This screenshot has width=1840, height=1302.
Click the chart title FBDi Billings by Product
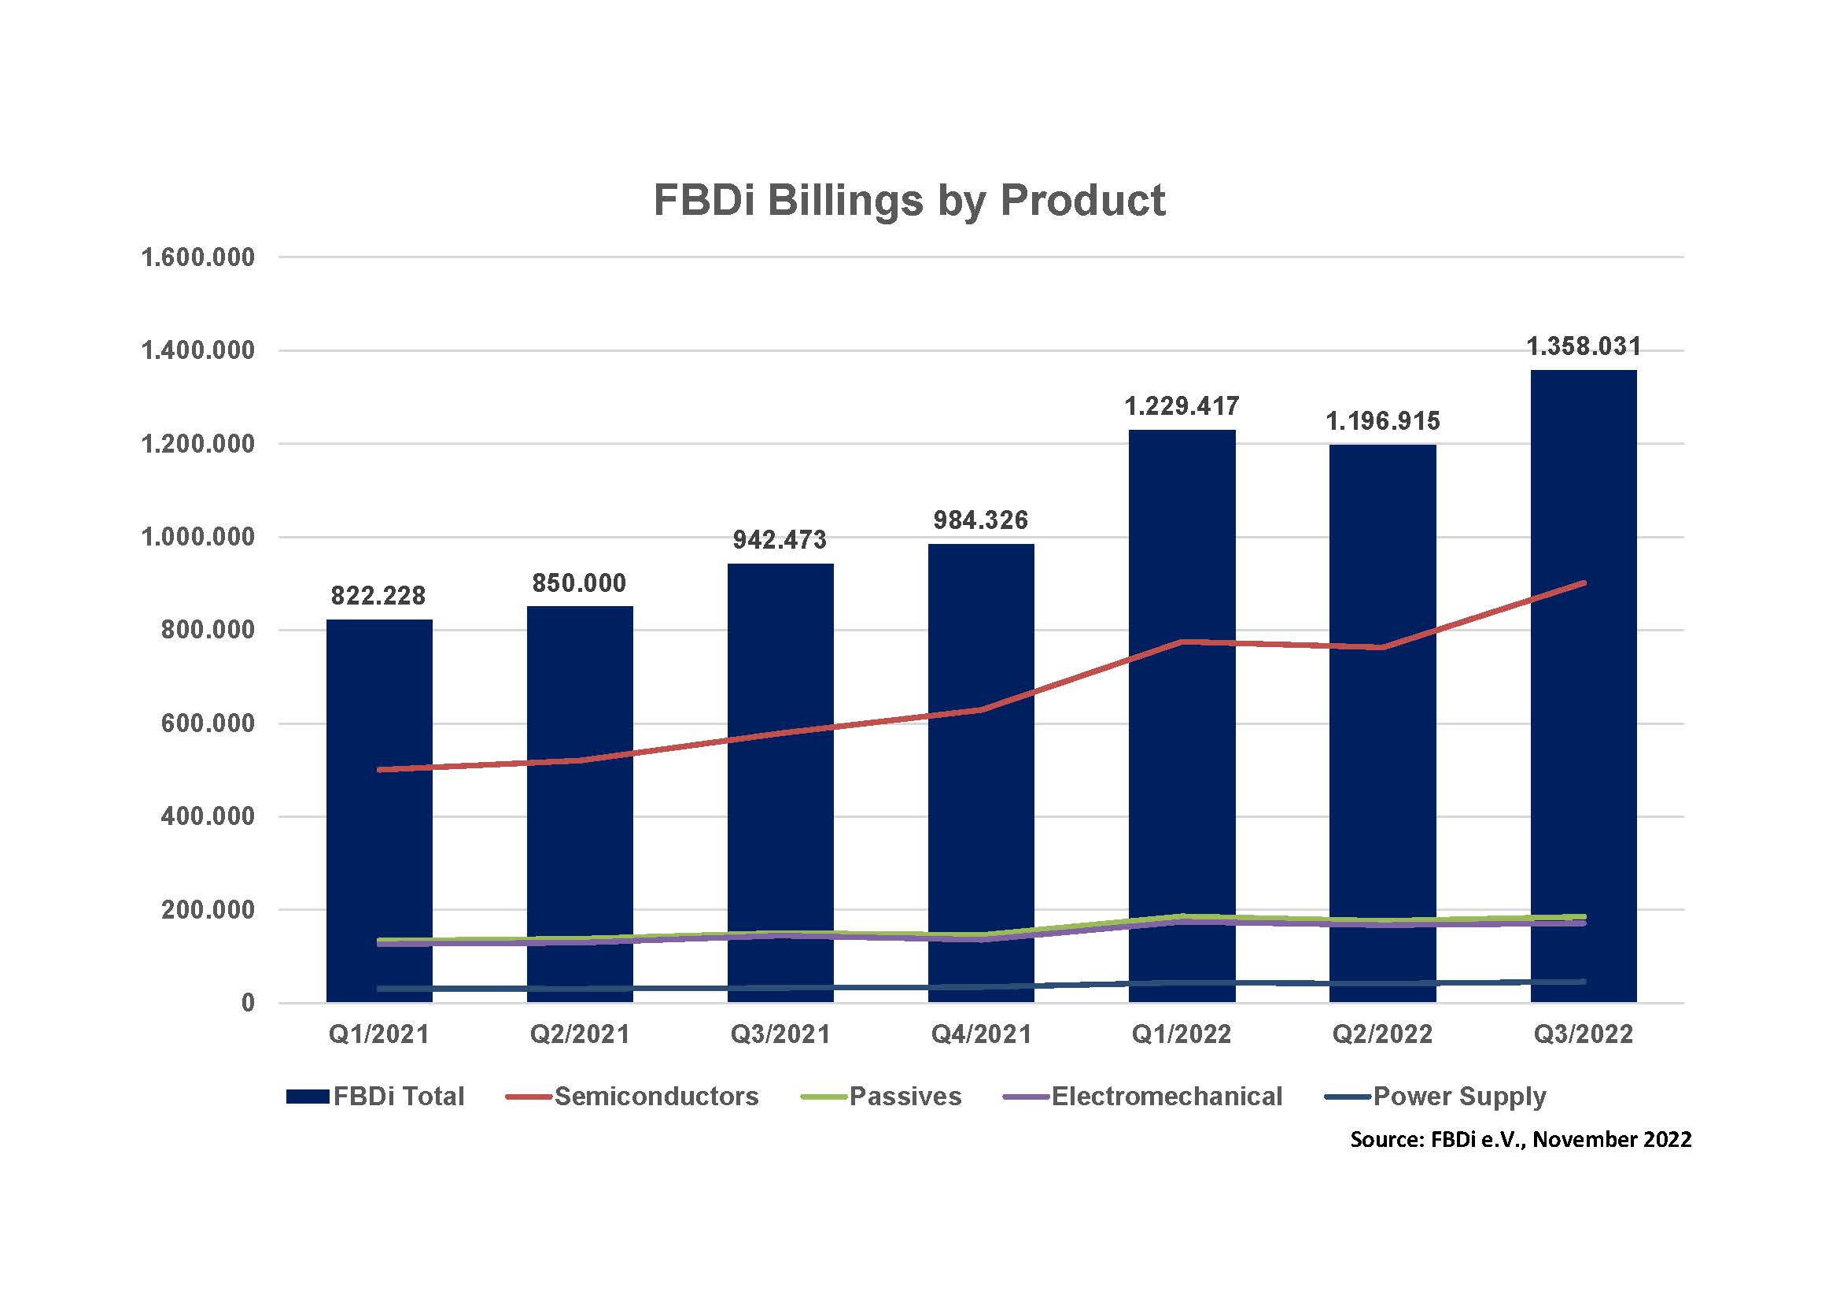(x=909, y=200)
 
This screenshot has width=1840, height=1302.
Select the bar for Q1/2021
(x=379, y=810)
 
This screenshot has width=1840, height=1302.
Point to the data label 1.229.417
(x=1182, y=406)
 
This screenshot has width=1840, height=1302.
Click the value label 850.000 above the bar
(x=579, y=583)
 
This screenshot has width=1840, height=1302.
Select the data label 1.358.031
(x=1583, y=346)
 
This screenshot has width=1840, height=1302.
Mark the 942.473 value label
(x=779, y=539)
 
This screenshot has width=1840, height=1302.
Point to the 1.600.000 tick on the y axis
(x=198, y=257)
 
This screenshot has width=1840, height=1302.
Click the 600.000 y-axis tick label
(x=208, y=723)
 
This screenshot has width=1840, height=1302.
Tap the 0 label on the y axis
(x=248, y=1003)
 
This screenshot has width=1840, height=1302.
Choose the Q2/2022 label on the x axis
(x=1381, y=1034)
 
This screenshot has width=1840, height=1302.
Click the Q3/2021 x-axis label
(x=780, y=1034)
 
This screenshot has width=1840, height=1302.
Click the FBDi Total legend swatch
(x=308, y=1097)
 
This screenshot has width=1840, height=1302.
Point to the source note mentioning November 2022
(x=1521, y=1139)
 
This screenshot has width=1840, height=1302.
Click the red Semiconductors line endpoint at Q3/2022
(x=1584, y=583)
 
